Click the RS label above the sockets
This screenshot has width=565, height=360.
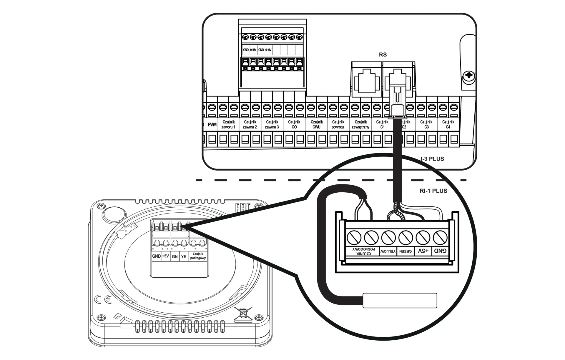(x=383, y=55)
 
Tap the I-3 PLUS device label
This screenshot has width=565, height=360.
(x=432, y=159)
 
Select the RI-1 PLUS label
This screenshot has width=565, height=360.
(x=433, y=191)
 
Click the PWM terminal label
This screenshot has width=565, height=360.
(x=212, y=125)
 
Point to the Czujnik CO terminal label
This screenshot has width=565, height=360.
(x=294, y=124)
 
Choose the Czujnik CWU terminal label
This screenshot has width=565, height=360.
(x=316, y=124)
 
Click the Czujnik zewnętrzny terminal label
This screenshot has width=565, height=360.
(x=360, y=124)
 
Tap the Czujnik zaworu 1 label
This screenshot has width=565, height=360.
(x=228, y=124)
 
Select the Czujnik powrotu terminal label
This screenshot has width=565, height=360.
(x=338, y=124)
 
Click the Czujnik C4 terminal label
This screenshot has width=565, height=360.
(x=448, y=124)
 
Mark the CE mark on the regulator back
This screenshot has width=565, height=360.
(x=103, y=299)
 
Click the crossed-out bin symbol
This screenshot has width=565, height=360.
(x=243, y=314)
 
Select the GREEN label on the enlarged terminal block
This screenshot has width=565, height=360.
(x=406, y=252)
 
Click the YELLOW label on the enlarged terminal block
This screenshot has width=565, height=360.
(x=388, y=252)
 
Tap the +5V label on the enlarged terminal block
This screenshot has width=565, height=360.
(x=423, y=251)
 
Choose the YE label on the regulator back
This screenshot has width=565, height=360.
(x=184, y=257)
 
